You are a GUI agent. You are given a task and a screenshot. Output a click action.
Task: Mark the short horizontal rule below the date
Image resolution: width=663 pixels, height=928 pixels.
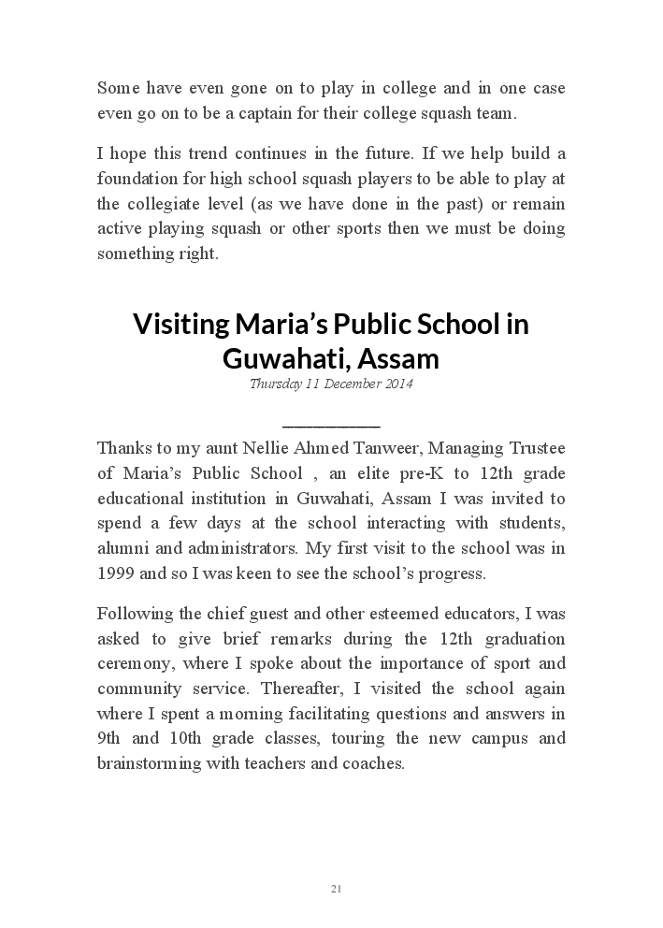tap(331, 426)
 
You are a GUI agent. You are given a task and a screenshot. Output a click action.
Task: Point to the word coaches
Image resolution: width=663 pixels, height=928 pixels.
tap(373, 762)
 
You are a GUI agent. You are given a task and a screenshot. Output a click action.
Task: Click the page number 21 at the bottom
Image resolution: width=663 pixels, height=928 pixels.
tap(336, 888)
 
